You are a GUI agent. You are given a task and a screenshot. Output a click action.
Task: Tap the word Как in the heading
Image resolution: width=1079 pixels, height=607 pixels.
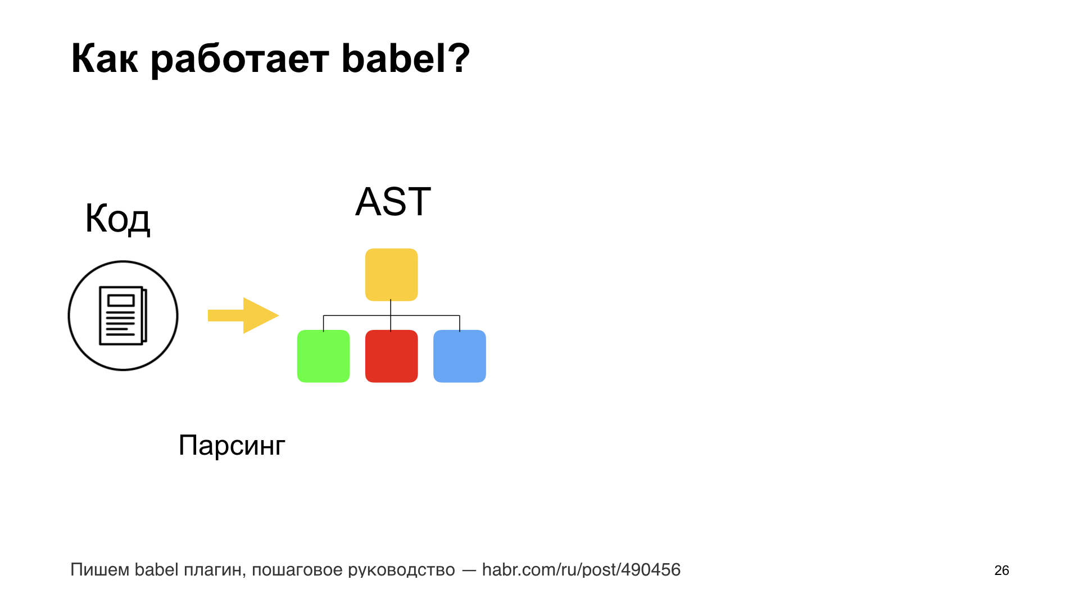click(105, 58)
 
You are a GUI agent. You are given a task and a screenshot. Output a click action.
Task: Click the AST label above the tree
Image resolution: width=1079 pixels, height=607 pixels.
click(393, 201)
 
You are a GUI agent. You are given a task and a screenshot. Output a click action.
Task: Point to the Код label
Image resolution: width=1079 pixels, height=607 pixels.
click(117, 219)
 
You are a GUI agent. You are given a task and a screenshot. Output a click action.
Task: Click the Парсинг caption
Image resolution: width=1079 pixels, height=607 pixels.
click(232, 446)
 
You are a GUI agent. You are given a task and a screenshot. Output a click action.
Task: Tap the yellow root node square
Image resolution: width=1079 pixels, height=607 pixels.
click(392, 275)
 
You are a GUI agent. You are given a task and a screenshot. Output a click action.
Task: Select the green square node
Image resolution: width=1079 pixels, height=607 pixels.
click(323, 356)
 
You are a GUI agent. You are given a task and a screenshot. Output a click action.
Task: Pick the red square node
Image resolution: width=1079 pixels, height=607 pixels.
click(392, 356)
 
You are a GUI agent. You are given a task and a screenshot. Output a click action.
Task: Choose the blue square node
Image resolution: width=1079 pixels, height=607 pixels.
click(460, 356)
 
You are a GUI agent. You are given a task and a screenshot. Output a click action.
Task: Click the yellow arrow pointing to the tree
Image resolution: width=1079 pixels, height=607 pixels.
click(243, 315)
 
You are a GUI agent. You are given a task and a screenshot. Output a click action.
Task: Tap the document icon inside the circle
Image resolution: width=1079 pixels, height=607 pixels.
click(123, 316)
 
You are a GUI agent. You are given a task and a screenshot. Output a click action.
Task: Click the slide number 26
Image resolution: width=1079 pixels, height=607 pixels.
click(1001, 570)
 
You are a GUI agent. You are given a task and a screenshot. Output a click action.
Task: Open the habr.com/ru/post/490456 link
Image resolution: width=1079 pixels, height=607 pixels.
click(581, 570)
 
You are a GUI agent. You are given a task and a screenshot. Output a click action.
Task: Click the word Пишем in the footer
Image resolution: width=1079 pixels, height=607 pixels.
click(100, 570)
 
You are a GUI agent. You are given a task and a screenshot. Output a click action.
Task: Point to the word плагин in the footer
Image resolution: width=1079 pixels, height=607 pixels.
click(215, 570)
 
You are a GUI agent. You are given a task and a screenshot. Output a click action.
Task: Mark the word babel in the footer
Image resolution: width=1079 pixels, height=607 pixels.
click(156, 570)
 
